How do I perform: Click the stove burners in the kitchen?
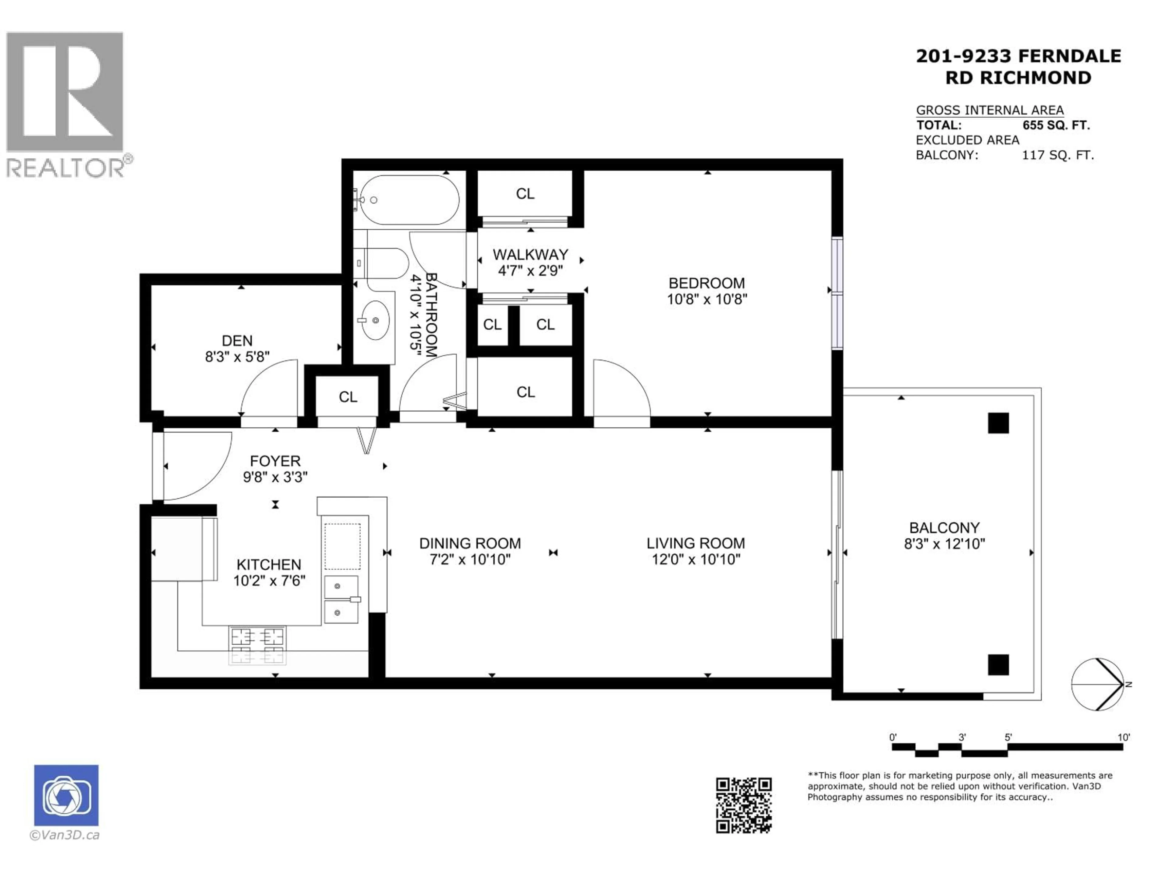[x=257, y=645]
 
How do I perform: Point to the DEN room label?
[x=237, y=341]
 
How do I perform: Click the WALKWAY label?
[x=530, y=255]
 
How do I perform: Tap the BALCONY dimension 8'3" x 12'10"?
[x=944, y=544]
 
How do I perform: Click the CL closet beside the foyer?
[x=348, y=396]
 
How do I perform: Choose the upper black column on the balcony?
[x=998, y=423]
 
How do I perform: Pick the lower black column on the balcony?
[x=998, y=664]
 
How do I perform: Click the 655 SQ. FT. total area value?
[x=1056, y=125]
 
